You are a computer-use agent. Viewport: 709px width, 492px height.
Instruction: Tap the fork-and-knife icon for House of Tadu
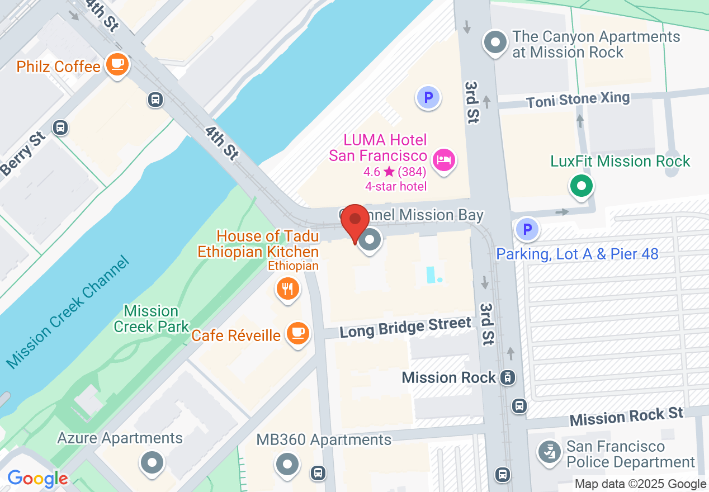288,289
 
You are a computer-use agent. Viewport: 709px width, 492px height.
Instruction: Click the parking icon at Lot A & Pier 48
526,229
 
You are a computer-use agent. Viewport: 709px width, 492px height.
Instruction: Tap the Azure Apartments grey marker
152,462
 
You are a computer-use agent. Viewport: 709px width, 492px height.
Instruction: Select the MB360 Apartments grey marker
288,463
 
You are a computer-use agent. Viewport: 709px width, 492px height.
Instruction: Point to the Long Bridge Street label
405,327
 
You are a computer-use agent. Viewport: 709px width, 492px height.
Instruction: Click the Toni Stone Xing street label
578,101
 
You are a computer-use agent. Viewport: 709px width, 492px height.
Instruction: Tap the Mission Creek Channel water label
68,313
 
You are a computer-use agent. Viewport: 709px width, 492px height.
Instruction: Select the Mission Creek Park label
151,319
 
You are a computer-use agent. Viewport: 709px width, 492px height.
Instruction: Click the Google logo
37,479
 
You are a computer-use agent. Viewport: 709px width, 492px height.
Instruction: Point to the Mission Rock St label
626,417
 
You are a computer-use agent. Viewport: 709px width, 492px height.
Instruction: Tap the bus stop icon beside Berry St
60,127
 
